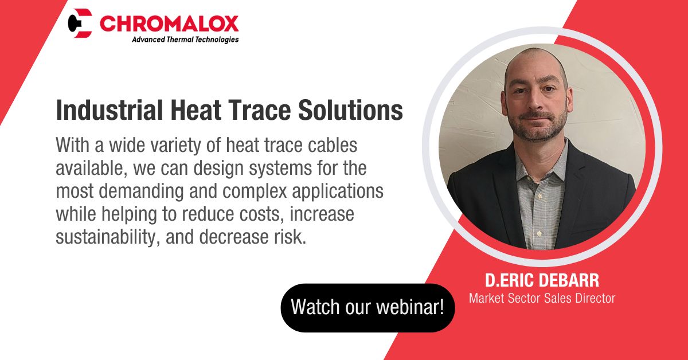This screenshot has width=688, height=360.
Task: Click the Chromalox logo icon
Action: [x=80, y=23]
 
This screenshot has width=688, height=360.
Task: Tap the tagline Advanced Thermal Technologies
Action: [x=185, y=40]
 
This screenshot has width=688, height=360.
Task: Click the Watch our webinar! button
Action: [x=367, y=307]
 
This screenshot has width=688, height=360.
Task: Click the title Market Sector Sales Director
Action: [x=542, y=298]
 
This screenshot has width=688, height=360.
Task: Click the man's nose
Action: [x=535, y=100]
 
